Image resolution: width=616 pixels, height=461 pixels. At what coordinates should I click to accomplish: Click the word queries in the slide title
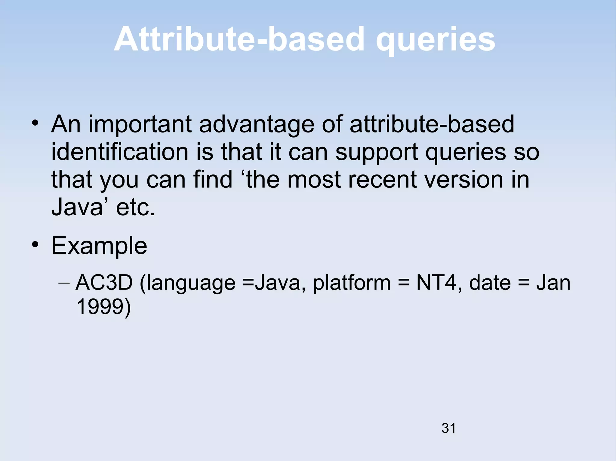coord(435,40)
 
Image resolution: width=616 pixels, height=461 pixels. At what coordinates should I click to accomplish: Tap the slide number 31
coord(448,428)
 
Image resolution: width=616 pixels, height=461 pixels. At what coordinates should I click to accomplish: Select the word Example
coord(99,246)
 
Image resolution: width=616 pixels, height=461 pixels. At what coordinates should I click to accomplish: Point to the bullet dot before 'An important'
coord(35,123)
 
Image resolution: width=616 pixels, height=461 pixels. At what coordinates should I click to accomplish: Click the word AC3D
coord(104,283)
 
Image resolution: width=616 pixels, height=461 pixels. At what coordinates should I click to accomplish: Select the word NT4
coord(436,283)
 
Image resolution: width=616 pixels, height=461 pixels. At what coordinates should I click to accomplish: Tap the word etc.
coord(135,207)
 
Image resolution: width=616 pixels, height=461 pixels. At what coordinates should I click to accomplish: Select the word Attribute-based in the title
coord(239,40)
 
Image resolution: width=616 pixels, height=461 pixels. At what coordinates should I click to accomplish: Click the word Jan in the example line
coord(553,283)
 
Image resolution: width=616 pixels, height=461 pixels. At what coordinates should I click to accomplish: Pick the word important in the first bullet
coord(140,125)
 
